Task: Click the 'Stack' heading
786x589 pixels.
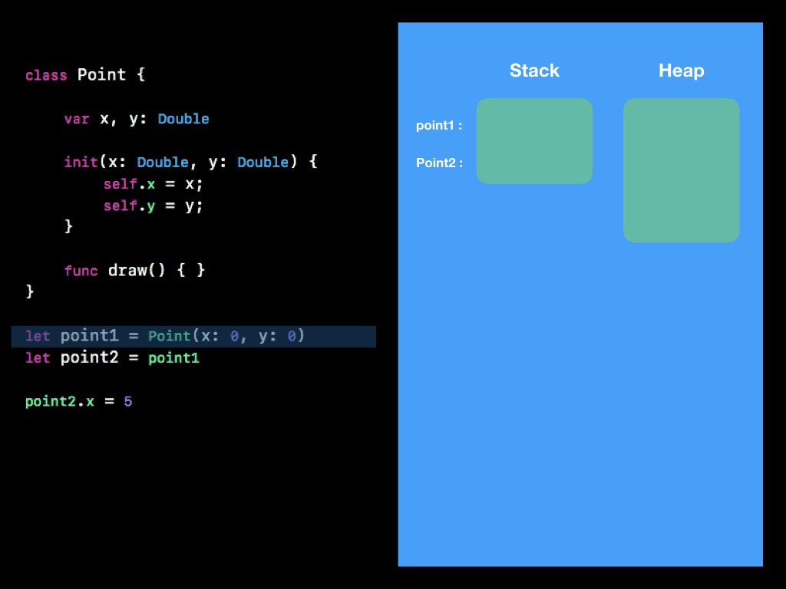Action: coord(534,71)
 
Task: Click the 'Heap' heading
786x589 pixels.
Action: coord(681,71)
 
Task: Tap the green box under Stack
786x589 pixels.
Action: coord(534,141)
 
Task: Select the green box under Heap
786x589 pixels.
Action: coord(681,170)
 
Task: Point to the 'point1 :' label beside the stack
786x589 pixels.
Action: coord(439,125)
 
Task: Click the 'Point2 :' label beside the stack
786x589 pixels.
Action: coord(439,163)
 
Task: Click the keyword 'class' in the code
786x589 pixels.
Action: coord(45,75)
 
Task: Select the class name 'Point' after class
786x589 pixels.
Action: coord(101,75)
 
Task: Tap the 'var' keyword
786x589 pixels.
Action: coord(77,119)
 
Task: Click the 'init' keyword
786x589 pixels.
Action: coord(81,163)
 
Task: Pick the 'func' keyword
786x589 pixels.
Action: coord(81,271)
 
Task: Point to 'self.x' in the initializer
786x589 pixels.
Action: coord(130,184)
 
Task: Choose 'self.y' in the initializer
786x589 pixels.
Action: coord(130,206)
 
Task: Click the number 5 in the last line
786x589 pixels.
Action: coord(127,401)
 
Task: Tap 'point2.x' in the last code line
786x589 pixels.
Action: coord(59,401)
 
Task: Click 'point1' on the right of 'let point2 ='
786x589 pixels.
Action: coord(173,358)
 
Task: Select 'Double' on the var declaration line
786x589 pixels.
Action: coord(183,119)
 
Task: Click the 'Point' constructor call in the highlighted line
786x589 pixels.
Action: coord(169,337)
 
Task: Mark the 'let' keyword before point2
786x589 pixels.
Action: coord(38,358)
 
